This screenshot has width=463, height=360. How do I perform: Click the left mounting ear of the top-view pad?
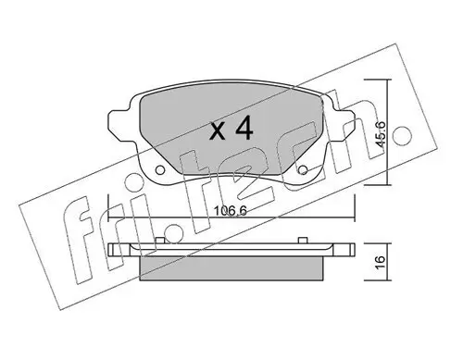pos(119,119)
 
